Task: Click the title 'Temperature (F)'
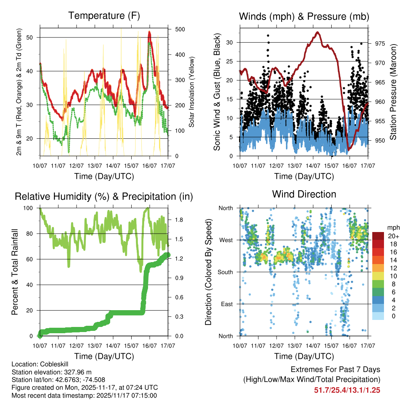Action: [104, 16]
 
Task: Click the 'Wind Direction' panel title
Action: [304, 194]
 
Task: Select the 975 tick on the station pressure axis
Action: [379, 43]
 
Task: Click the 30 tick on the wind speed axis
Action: [230, 42]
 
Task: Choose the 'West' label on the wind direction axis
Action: [225, 240]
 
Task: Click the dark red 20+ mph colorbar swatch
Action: [379, 236]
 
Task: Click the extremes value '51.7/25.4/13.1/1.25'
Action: [347, 390]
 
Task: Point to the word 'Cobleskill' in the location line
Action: [55, 364]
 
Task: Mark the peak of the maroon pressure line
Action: [318, 32]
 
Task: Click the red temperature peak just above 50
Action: [149, 32]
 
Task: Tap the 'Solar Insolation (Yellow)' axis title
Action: [192, 92]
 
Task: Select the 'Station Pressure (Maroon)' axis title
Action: [393, 92]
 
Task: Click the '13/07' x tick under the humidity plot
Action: [95, 345]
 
